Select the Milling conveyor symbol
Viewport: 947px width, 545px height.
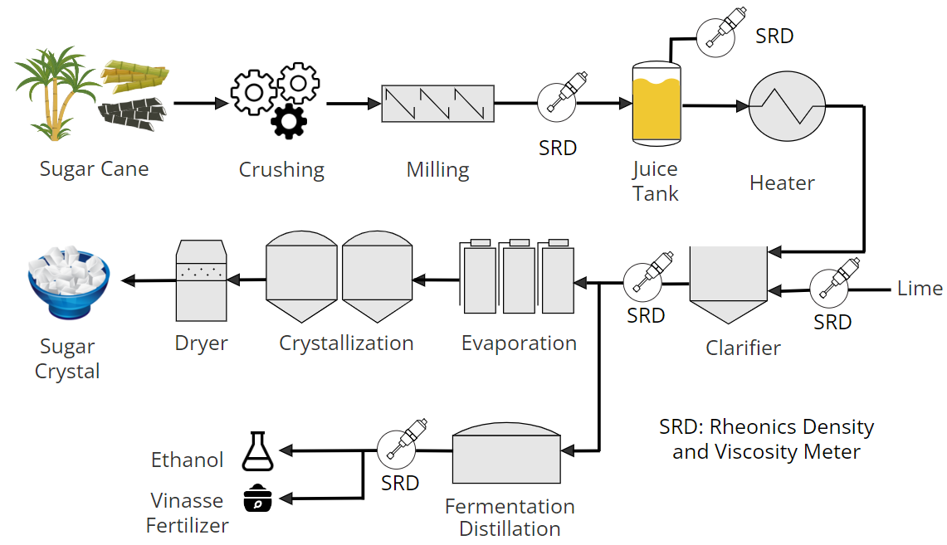(437, 104)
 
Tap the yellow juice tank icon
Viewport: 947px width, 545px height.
(657, 104)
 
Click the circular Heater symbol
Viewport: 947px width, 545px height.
(787, 106)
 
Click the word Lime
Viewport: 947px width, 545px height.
(920, 289)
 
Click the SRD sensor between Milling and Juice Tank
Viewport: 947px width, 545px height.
(559, 102)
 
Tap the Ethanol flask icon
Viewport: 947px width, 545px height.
(257, 452)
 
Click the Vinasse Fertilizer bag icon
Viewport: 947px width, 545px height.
(257, 499)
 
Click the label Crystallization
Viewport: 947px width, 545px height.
(346, 343)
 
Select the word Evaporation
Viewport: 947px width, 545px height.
(519, 343)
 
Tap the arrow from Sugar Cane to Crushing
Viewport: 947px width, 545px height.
(200, 104)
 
